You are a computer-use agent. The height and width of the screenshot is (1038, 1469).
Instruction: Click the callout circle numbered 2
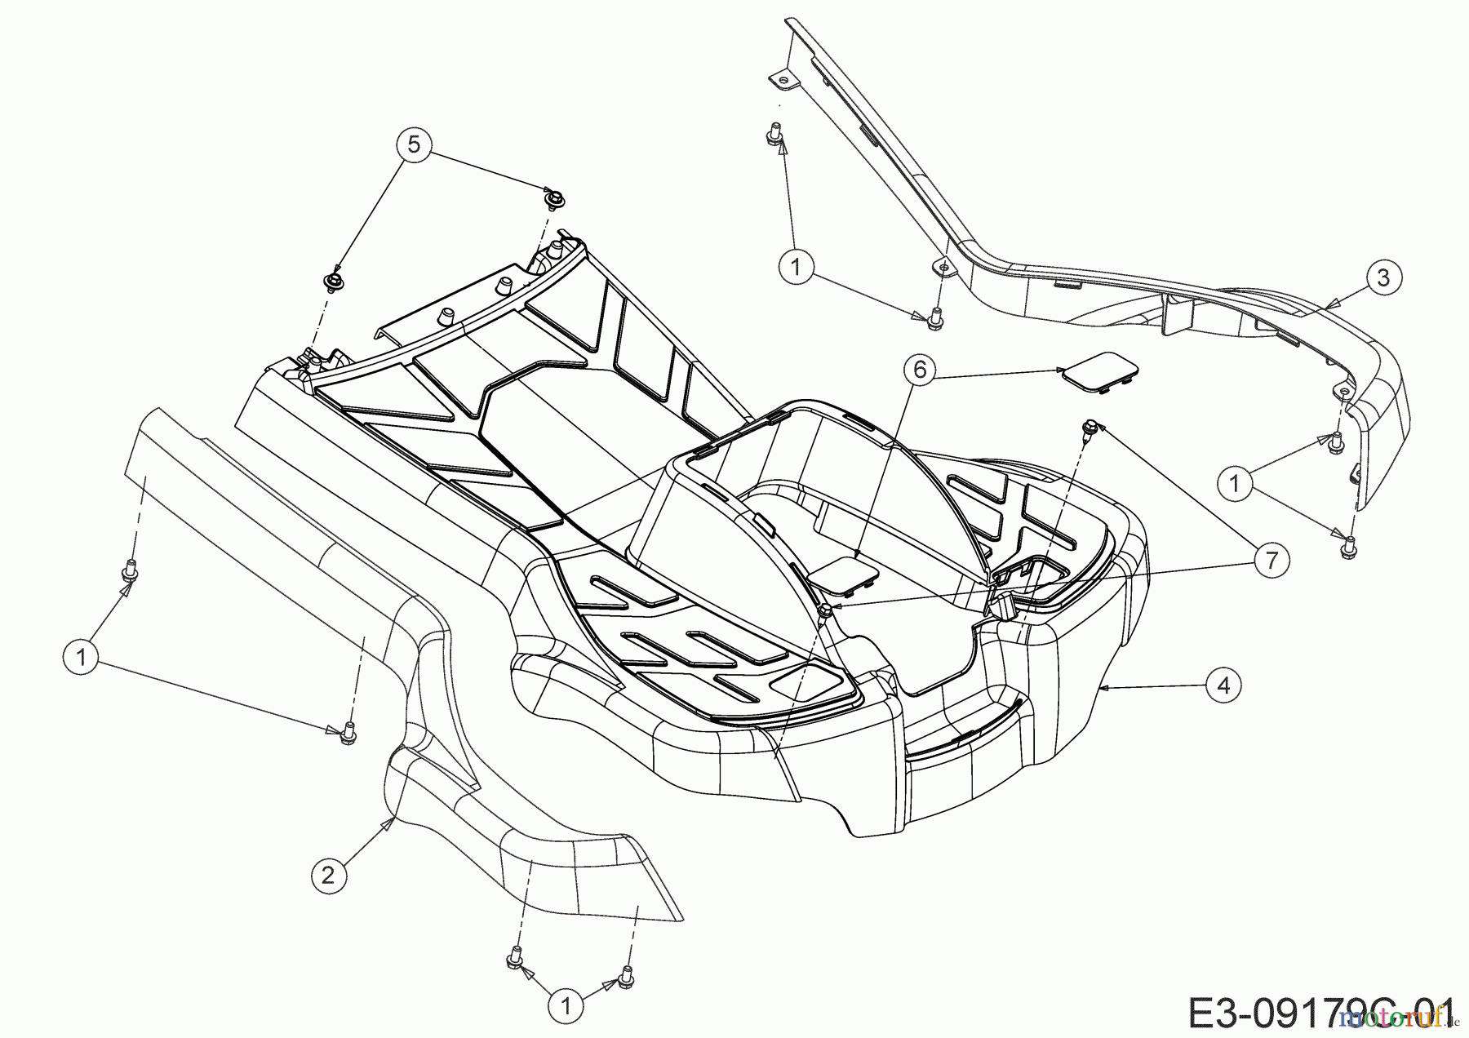coord(328,876)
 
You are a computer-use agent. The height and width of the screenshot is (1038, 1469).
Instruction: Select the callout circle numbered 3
coord(1382,277)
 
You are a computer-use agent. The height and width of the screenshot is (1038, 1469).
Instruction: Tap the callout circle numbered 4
coord(1223,685)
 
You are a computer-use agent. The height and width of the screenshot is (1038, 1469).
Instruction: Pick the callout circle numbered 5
coord(414,144)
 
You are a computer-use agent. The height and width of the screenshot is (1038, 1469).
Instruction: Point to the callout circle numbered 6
coord(920,370)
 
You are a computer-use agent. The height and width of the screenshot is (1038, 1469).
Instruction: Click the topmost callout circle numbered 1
coord(797,265)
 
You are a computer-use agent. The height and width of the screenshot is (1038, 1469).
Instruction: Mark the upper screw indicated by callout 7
coord(1089,427)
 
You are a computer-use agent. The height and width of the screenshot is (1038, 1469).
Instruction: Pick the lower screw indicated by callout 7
coord(826,611)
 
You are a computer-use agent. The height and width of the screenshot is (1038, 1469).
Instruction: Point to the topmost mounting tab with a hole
coord(781,79)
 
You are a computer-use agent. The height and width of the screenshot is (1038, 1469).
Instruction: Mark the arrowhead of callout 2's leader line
coord(393,818)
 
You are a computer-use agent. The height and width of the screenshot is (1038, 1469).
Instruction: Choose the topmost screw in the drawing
coord(771,131)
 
